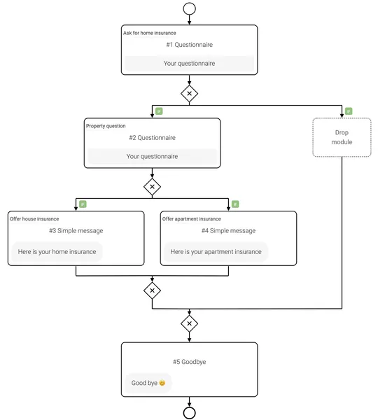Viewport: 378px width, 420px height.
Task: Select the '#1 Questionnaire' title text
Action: click(x=190, y=45)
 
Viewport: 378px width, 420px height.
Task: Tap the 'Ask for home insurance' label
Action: click(x=150, y=33)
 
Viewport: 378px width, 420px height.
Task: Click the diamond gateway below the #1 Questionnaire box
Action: click(x=190, y=94)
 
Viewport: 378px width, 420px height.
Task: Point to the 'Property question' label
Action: click(x=106, y=126)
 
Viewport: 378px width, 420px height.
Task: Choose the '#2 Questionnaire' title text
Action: click(x=152, y=138)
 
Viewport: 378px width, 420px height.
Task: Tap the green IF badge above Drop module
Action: click(x=349, y=111)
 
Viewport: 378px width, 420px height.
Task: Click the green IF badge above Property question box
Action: click(x=159, y=111)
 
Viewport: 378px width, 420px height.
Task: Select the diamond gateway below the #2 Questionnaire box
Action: click(x=152, y=187)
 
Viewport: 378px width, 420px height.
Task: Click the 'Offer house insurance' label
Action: click(x=34, y=219)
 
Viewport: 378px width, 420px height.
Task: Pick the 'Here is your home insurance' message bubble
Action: click(x=57, y=252)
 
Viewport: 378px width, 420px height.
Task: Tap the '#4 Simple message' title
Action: click(x=228, y=230)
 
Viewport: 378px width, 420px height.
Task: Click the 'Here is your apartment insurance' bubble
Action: click(x=216, y=252)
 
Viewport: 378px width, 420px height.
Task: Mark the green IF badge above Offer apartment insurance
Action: click(x=235, y=204)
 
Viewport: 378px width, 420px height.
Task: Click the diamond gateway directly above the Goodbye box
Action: click(x=190, y=323)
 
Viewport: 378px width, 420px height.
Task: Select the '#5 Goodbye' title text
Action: click(x=190, y=362)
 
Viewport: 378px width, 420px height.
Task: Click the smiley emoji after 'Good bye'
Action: click(x=162, y=383)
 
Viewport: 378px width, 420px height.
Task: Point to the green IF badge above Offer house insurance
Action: click(x=83, y=204)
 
